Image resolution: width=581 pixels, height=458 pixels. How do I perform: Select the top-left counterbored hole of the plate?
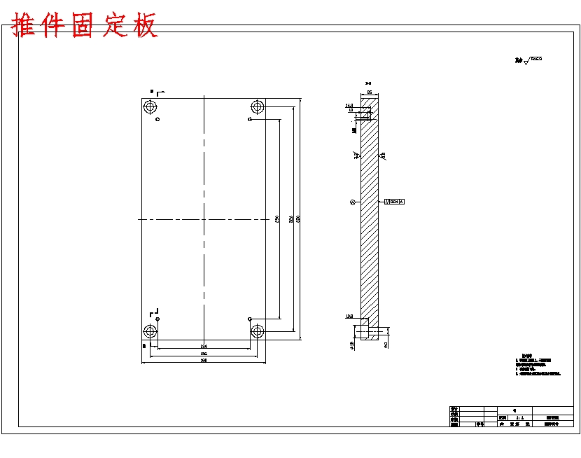pos(150,107)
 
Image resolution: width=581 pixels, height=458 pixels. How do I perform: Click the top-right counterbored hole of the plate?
pos(258,107)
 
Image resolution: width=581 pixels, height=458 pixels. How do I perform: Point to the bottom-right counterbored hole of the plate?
pos(258,331)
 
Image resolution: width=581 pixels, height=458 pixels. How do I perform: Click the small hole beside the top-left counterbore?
pos(158,120)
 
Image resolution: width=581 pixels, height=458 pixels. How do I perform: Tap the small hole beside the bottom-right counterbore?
pos(250,319)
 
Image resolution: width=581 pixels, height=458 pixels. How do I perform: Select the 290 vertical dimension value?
pos(278,219)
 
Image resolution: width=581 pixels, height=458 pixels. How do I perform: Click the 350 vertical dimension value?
pos(299,219)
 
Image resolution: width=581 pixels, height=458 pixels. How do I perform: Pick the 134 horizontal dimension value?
pos(204,346)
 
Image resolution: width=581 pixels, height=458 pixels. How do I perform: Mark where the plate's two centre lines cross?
pos(204,219)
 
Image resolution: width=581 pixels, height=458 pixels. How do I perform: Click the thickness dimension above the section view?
pos(369,92)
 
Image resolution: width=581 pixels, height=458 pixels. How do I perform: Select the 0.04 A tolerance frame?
pos(394,202)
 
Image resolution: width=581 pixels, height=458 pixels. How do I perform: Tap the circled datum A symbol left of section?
pos(353,202)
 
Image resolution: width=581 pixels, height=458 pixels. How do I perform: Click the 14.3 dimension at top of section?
pos(349,106)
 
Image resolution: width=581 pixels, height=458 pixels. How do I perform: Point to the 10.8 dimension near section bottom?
pos(349,317)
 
